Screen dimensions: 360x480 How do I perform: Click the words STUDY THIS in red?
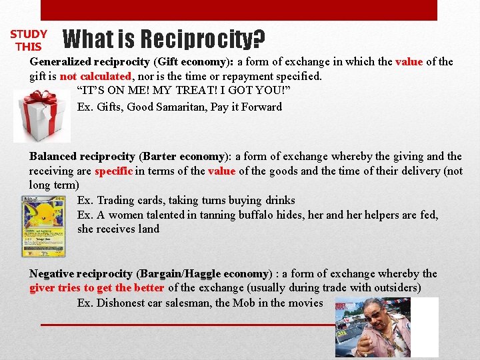pyautogui.click(x=29, y=40)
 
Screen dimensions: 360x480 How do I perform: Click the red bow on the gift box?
pyautogui.click(x=41, y=100)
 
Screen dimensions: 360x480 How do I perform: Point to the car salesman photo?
pyautogui.click(x=387, y=327)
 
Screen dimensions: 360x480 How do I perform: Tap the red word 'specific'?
pyautogui.click(x=114, y=171)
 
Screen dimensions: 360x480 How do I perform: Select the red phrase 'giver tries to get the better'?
pyautogui.click(x=97, y=288)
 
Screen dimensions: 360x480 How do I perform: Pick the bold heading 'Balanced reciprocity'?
pyautogui.click(x=81, y=157)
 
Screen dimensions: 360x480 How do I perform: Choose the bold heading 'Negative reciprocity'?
pyautogui.click(x=81, y=274)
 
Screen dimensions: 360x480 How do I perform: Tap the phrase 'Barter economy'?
pyautogui.click(x=183, y=157)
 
